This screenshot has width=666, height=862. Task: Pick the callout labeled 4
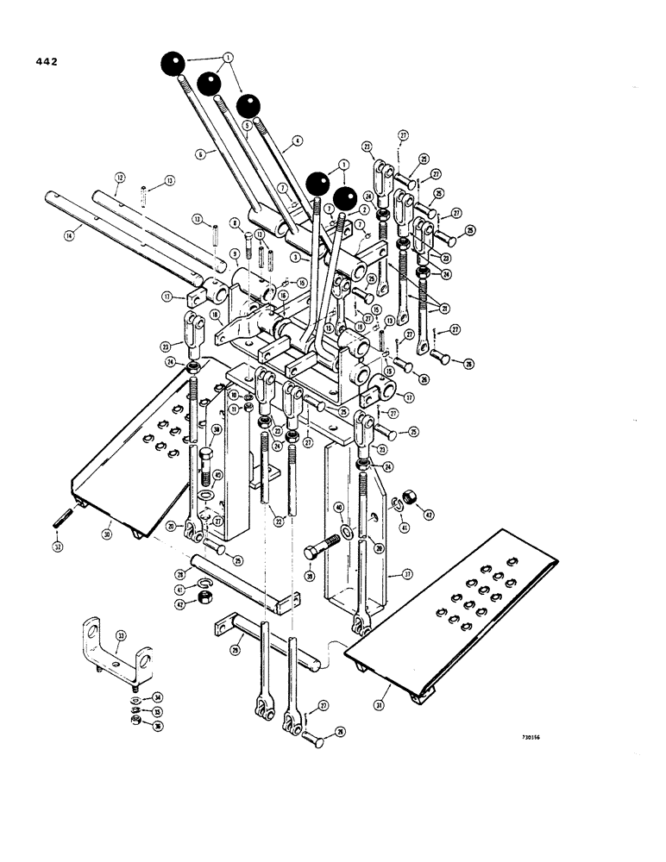(297, 139)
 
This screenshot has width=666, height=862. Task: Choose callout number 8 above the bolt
(234, 222)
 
